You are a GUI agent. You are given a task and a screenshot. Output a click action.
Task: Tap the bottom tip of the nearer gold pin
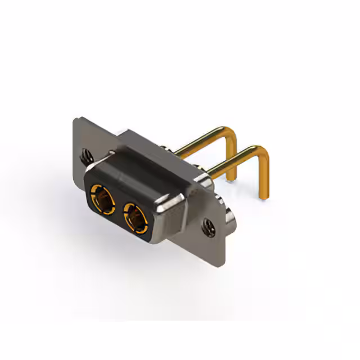coord(263,197)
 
